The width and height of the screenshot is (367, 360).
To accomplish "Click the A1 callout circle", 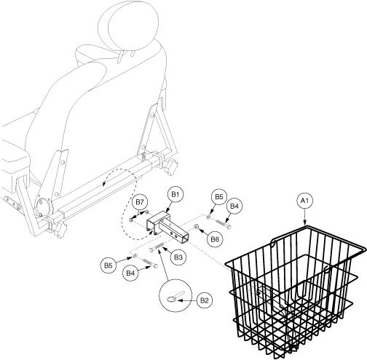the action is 305,201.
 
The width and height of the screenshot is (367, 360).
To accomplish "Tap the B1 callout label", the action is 175,194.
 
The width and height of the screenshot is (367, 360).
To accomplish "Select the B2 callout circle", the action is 205,300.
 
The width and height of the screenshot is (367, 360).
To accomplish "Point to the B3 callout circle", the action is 178,257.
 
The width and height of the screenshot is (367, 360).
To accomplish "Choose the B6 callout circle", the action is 215,239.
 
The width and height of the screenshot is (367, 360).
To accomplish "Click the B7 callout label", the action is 140,202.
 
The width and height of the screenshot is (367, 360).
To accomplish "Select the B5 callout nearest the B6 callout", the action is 219,196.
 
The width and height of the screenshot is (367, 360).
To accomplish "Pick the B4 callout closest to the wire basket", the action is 234,207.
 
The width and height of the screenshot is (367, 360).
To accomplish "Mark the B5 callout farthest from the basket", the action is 108,265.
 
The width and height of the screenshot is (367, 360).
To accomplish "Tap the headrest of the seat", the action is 129,27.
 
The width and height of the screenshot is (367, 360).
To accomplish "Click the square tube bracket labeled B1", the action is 167,227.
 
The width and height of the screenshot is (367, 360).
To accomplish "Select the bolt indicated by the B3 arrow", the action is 157,248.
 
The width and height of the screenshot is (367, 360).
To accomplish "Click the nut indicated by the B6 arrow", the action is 196,227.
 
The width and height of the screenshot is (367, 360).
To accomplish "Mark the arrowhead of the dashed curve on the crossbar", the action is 103,185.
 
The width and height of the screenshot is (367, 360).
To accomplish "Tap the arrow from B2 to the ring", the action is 187,300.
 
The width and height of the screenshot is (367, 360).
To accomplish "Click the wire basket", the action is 295,291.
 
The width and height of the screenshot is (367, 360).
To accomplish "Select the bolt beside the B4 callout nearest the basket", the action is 222,223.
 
